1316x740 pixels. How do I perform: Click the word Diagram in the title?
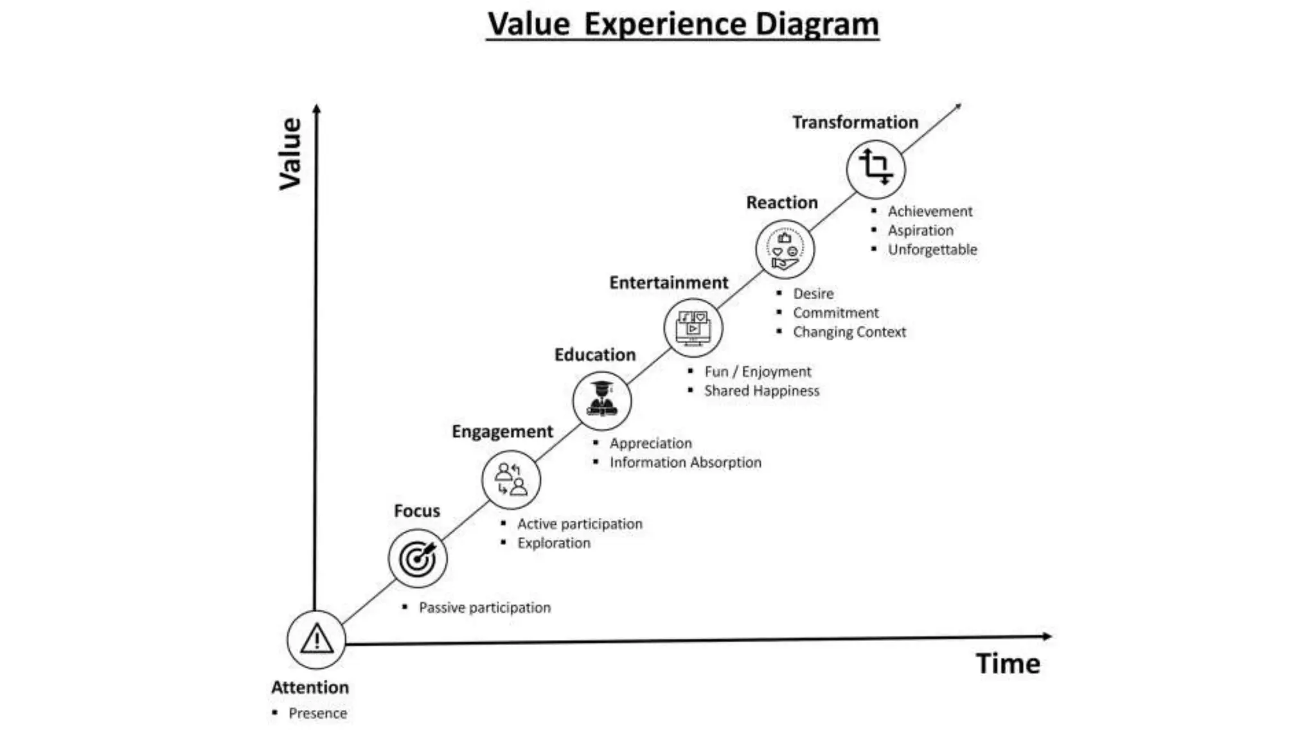[816, 24]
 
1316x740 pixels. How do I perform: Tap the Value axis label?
[290, 154]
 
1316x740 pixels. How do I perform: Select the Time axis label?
[1008, 664]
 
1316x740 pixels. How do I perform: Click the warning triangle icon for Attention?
[316, 640]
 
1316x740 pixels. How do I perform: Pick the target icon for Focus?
[418, 558]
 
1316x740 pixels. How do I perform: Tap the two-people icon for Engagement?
[511, 479]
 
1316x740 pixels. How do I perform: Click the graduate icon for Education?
[602, 400]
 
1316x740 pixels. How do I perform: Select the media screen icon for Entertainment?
[693, 328]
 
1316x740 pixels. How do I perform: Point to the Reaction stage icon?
[785, 249]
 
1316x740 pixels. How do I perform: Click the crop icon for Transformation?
[876, 168]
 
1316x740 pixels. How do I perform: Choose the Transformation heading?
[855, 122]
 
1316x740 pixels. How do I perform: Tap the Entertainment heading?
[668, 283]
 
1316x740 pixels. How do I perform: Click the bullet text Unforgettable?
[932, 249]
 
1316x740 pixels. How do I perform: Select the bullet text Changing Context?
[849, 332]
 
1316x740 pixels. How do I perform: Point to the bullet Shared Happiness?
[761, 391]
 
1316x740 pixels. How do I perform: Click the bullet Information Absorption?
[685, 463]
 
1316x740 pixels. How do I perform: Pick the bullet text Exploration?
[554, 543]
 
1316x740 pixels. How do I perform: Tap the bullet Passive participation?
[485, 608]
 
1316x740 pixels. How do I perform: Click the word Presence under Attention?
[317, 713]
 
